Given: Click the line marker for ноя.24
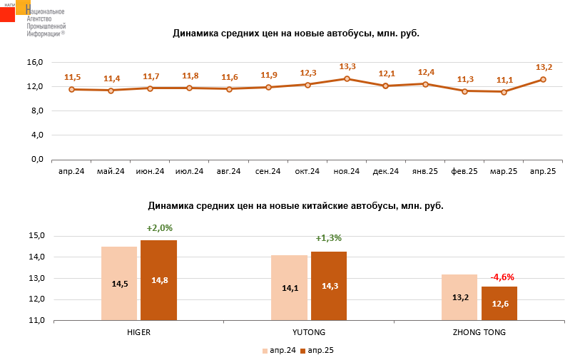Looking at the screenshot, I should coord(347,78).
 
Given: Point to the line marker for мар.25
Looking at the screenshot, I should coord(504,92).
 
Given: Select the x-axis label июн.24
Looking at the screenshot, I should coord(150,171).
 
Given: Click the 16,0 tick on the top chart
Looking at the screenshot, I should coord(35,62).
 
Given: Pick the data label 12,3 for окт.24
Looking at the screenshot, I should coord(307,73).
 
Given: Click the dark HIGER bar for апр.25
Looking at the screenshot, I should coord(158,280).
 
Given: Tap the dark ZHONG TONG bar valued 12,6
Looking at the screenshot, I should coord(499,303).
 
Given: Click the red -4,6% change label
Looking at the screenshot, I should coord(502,277).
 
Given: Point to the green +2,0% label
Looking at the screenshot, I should coord(160,228).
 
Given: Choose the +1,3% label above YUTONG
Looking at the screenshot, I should coord(329,238).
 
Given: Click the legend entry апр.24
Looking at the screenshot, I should coord(279,350).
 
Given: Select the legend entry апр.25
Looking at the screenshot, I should coord(317,350).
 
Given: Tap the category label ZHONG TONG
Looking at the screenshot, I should coord(479,332).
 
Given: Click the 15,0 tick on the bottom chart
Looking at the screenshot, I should coord(35,236).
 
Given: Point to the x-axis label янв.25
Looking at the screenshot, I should coord(425,171).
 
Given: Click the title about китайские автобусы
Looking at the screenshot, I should coord(295,206).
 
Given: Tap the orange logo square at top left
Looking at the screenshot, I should coord(23,7).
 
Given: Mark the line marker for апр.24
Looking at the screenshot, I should coord(71,89).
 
